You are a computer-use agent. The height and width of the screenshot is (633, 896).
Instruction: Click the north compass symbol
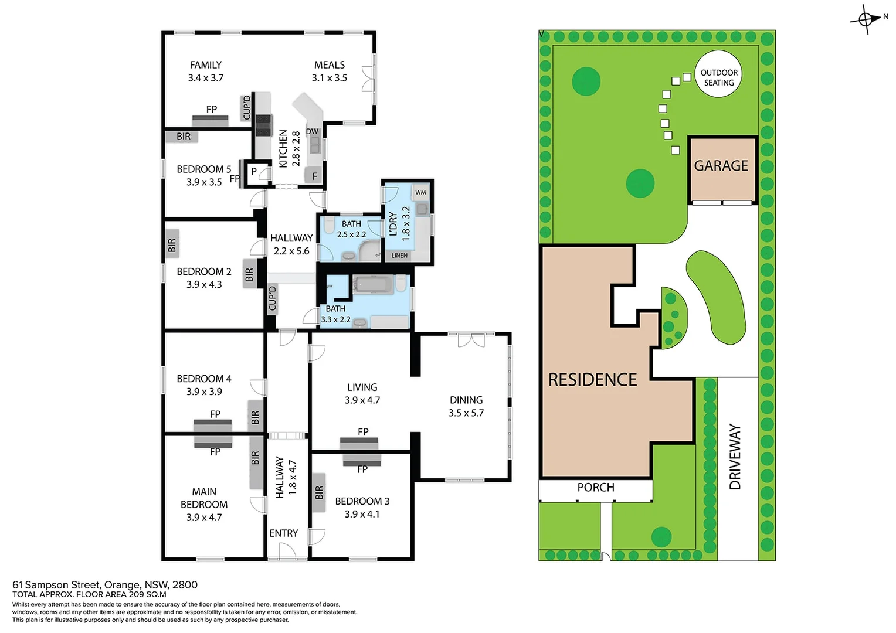tap(866, 19)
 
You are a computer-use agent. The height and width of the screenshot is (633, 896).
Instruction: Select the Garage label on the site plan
tap(721, 166)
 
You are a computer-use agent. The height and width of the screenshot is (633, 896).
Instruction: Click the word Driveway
tap(735, 457)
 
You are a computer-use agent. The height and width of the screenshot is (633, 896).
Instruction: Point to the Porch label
tap(595, 488)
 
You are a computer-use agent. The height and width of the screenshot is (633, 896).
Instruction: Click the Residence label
tap(592, 380)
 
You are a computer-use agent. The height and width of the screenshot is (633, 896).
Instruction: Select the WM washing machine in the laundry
tap(420, 192)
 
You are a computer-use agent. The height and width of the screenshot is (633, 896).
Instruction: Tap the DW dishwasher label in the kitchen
tap(312, 131)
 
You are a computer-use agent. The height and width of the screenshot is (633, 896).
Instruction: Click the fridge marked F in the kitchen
tap(315, 176)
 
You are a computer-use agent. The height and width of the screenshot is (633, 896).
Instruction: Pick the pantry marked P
tap(254, 172)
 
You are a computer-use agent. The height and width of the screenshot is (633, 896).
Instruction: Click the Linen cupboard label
tap(399, 256)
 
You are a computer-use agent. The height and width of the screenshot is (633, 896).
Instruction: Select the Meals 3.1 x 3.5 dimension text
tap(330, 78)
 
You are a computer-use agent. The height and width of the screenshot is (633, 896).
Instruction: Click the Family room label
tap(206, 65)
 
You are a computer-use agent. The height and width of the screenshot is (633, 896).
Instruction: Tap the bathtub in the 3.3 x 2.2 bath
tap(372, 285)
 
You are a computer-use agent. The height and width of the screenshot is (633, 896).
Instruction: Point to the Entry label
tap(284, 533)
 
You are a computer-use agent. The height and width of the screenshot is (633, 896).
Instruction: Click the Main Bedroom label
tap(204, 498)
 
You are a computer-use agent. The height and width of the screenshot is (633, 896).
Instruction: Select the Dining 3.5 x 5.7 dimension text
tap(466, 413)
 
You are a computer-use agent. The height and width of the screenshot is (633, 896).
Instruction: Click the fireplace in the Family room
tap(211, 120)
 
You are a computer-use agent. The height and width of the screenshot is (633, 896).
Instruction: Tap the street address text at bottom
tap(105, 584)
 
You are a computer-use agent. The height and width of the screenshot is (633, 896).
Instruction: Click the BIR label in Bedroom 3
tap(319, 493)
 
